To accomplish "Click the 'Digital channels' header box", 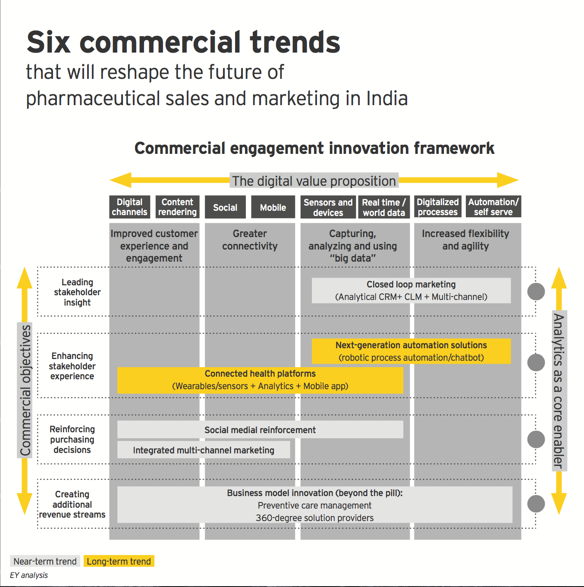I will [x=129, y=207].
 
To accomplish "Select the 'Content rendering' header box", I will [x=177, y=207].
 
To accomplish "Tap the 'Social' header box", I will [x=225, y=207].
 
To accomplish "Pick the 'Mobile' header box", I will [x=273, y=207].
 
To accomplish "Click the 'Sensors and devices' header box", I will [x=328, y=207].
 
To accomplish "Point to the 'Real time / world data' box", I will [x=384, y=207].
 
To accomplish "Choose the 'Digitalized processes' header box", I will [x=437, y=207].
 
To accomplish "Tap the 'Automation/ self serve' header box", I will [x=493, y=207].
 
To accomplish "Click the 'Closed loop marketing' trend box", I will [x=411, y=290].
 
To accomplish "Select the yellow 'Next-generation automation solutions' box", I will [x=411, y=351].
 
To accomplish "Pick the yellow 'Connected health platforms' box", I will [x=260, y=380].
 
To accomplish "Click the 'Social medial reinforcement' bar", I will [x=260, y=430].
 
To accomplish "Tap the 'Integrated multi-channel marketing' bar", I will [x=204, y=450].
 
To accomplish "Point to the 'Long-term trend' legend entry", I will [x=119, y=561].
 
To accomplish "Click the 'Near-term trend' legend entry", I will [x=45, y=561].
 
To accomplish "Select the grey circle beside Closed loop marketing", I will [x=536, y=291].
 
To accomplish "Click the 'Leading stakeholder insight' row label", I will [x=77, y=292].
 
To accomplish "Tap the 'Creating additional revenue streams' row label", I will [x=72, y=504].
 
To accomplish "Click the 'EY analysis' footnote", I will [x=29, y=575].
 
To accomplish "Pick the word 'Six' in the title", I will [x=48, y=42].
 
